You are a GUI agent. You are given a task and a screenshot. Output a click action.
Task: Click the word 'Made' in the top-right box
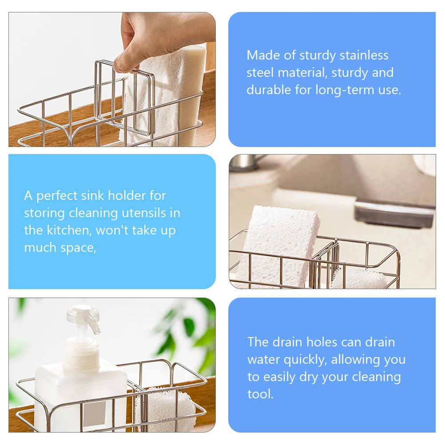263,55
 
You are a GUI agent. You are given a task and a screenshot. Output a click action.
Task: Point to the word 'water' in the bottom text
262,359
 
